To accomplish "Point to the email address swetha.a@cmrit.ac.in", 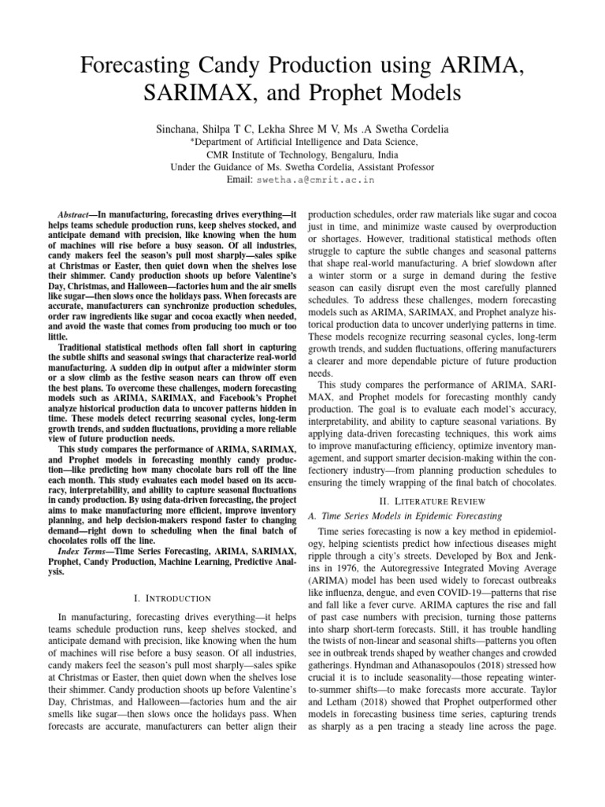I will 314,180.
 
